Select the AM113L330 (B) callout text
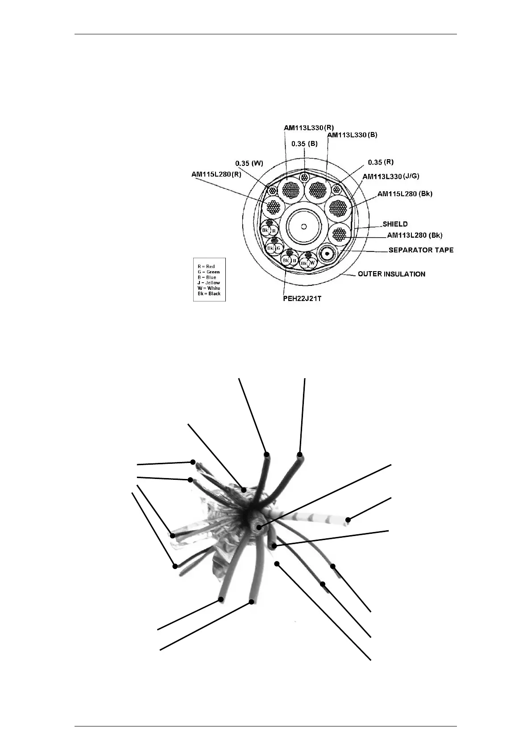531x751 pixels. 352,135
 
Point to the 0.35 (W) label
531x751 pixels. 249,163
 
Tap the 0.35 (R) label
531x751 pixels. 381,162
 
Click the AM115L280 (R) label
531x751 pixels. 216,174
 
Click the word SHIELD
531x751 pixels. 395,224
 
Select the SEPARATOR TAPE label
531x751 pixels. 421,250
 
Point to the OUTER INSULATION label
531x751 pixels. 391,274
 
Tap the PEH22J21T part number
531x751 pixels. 302,298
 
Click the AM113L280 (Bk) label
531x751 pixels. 415,235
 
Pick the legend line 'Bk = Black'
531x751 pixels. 209,293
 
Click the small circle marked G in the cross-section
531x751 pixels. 278,248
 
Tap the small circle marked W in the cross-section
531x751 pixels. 312,263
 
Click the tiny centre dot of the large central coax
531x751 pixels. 303,226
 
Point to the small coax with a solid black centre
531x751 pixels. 327,253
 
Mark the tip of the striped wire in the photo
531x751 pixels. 348,520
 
